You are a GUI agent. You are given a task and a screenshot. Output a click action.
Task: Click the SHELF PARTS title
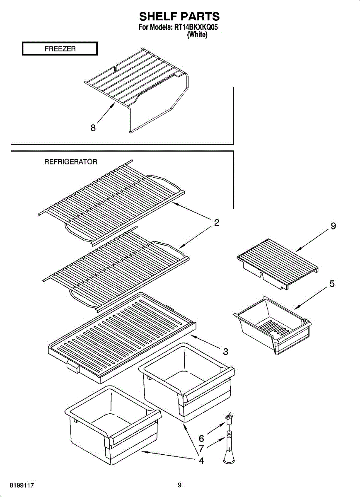point(179,16)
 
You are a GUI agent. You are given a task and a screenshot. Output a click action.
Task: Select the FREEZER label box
point(60,49)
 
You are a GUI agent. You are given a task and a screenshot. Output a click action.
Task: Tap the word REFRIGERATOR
point(70,162)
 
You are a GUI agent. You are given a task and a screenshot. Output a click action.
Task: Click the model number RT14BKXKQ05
point(196,28)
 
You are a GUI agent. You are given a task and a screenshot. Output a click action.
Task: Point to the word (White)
point(197,35)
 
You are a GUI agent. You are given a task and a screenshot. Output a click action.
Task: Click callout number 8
point(94,128)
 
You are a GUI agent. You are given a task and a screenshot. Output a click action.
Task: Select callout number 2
point(216,223)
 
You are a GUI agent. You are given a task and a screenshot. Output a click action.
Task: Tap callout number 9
point(333,226)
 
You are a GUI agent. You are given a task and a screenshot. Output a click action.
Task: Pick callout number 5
point(332,284)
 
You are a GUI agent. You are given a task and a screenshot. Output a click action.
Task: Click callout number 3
point(225,352)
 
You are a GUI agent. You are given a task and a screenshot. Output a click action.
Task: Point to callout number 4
point(201,460)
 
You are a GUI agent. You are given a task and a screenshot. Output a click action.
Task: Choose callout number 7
point(201,449)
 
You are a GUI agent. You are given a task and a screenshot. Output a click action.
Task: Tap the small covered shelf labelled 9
point(278,265)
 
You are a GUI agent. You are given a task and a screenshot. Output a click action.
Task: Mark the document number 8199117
point(23,485)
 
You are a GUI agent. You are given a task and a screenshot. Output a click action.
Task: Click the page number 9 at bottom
point(179,485)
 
